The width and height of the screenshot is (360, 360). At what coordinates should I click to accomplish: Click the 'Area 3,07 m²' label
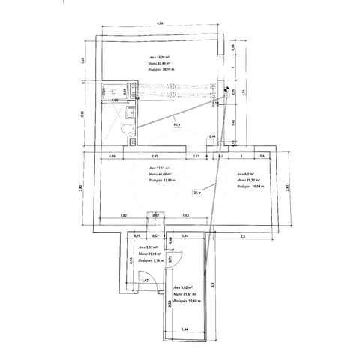tap(146, 247)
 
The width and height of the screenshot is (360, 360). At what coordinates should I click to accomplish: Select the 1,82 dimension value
tap(124, 216)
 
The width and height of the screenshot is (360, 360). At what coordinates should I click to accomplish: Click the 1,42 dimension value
tap(145, 280)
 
